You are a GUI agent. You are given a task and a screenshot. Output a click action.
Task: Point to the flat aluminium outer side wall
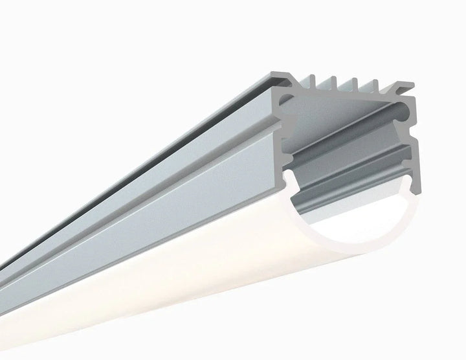162,194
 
